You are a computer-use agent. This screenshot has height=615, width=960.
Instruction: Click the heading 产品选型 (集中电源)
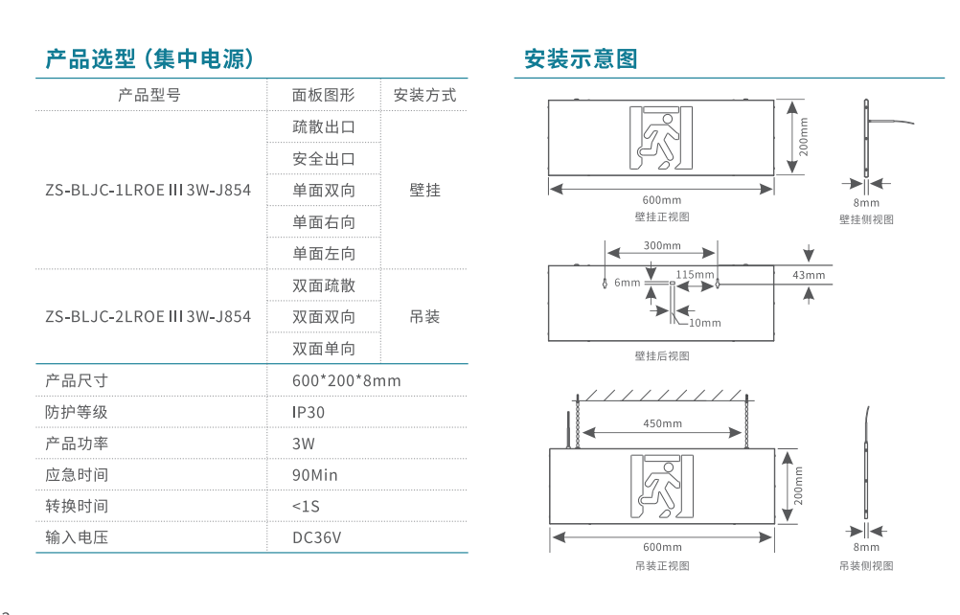coord(149,59)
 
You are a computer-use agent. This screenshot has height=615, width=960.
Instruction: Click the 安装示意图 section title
coord(581,59)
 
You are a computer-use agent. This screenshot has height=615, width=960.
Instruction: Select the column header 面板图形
coord(323,95)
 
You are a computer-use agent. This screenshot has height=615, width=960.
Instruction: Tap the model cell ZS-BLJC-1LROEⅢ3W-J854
coord(149,190)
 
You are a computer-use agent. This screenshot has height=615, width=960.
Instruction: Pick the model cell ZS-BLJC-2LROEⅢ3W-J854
coord(149,316)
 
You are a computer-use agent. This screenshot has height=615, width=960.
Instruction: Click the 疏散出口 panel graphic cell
coord(323,126)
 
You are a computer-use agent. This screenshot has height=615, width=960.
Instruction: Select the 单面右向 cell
coord(323,222)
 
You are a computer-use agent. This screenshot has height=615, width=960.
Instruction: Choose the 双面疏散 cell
coord(323,285)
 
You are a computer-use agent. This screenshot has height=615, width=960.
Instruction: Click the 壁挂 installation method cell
coord(424,190)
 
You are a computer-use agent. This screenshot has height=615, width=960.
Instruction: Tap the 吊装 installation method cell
coord(424,316)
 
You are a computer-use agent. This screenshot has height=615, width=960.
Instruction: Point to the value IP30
coord(309,412)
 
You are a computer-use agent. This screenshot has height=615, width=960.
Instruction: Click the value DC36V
coord(316,537)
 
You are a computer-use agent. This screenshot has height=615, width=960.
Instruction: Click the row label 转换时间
coord(77,506)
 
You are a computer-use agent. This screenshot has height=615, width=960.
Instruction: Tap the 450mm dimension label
coord(662,423)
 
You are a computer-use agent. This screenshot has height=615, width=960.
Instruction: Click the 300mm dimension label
coord(662,246)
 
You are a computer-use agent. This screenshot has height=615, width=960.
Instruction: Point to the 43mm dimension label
coord(809,275)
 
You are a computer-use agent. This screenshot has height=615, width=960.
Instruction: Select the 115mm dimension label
coord(695,275)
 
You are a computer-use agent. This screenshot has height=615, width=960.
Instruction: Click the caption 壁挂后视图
coord(661,355)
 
